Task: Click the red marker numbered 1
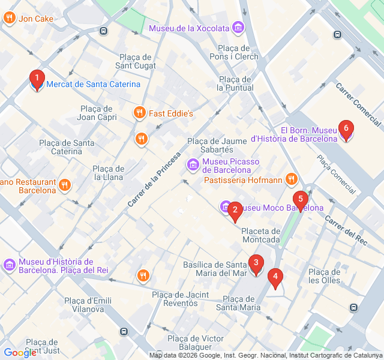(37, 79)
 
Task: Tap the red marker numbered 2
(235, 210)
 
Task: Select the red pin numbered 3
(256, 263)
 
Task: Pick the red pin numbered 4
(275, 277)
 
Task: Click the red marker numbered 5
(301, 199)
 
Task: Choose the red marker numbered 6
(346, 128)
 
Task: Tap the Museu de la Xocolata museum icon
(238, 28)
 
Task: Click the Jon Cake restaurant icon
(9, 18)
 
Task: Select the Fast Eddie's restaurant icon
(139, 113)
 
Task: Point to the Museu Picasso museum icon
(193, 164)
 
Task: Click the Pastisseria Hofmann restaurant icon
(292, 179)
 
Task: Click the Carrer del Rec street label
(346, 230)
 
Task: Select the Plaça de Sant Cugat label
(136, 61)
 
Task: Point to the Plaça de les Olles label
(324, 276)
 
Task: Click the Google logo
(20, 353)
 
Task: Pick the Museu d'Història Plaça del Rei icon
(10, 265)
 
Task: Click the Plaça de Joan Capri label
(96, 113)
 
